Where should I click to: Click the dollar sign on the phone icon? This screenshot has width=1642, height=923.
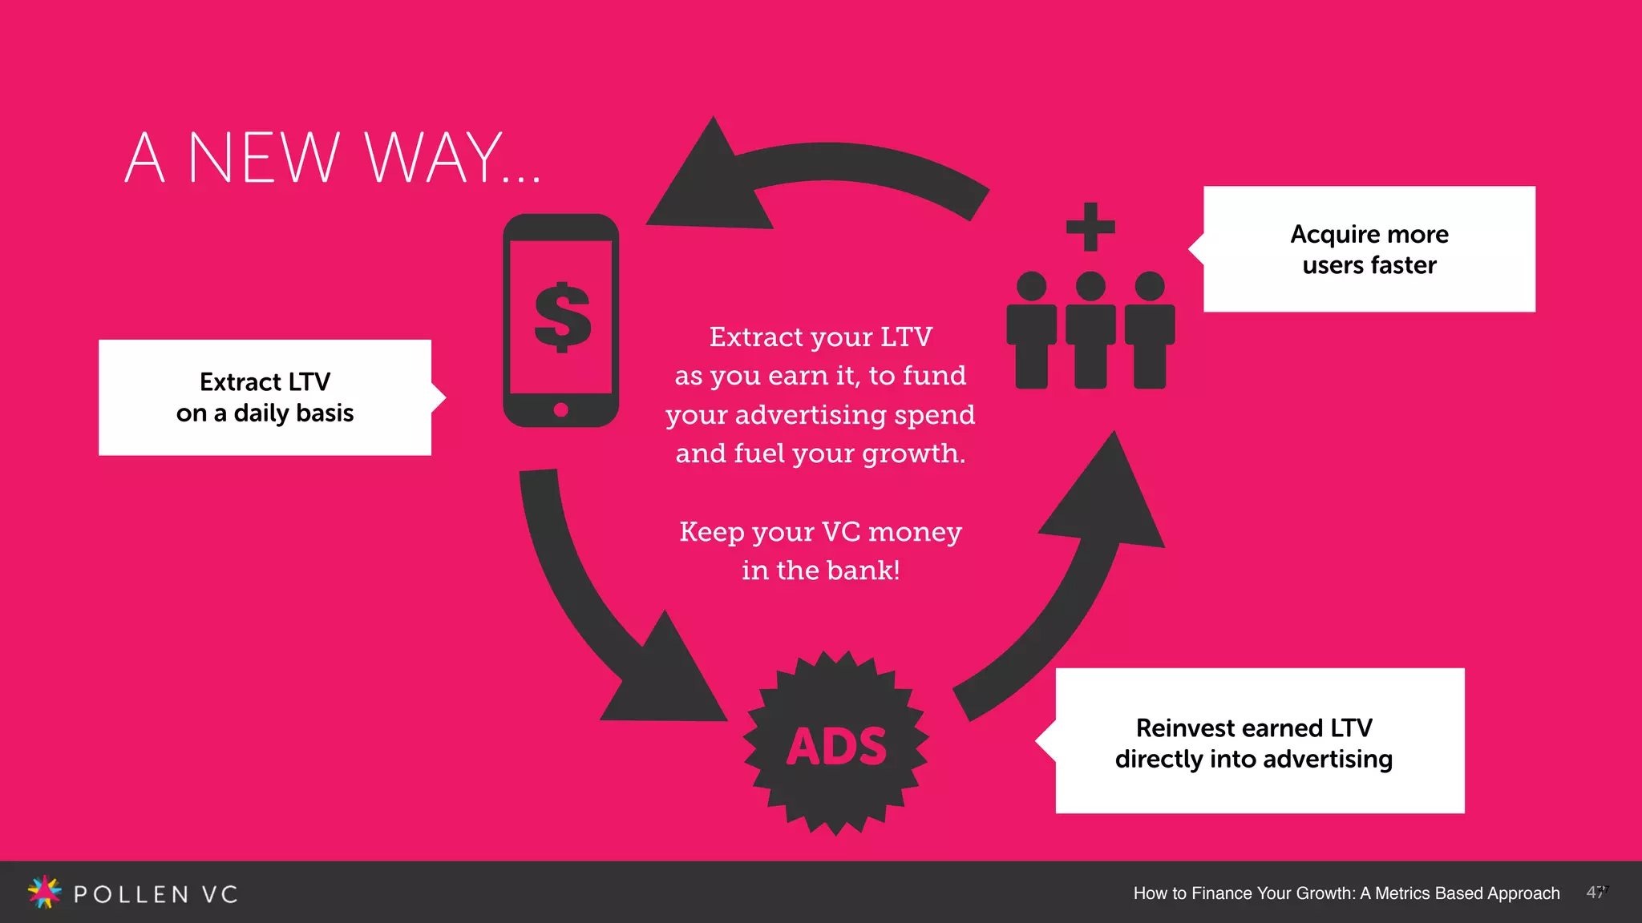[562, 317]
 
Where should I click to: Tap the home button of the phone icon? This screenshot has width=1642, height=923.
[561, 410]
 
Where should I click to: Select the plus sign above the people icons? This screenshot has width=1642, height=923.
[1090, 227]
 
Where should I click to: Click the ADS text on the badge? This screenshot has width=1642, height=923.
[836, 747]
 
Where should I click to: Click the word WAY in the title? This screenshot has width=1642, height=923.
[434, 158]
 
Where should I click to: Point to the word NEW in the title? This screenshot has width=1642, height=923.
[263, 158]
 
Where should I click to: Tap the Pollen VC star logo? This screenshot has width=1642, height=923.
[44, 892]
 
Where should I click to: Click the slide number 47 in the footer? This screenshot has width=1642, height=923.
[1595, 893]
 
